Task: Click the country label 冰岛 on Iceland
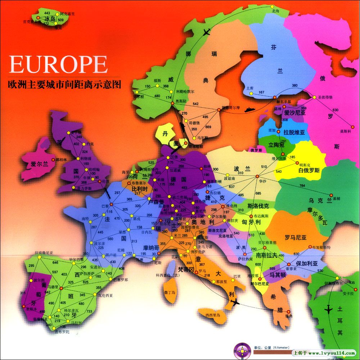[50, 19]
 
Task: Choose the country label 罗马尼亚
[295, 238]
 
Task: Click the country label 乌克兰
[320, 201]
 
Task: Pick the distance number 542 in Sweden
[195, 104]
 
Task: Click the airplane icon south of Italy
[234, 302]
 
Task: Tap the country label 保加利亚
[306, 263]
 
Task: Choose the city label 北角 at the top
[275, 11]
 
